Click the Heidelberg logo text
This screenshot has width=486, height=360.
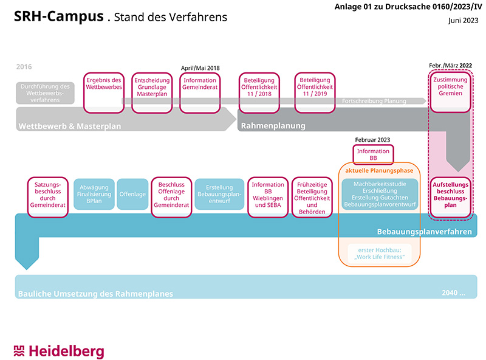(67, 351)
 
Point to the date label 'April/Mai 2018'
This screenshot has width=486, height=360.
(200, 67)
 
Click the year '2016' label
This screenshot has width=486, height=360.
(24, 67)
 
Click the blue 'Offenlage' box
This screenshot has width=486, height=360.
(132, 194)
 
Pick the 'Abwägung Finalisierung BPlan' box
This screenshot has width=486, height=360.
(94, 194)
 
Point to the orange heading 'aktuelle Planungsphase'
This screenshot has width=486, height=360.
(379, 171)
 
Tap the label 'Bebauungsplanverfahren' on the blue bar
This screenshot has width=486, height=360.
(424, 232)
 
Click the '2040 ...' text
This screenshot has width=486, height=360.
(454, 292)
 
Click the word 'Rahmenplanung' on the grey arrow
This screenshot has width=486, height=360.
(273, 126)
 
